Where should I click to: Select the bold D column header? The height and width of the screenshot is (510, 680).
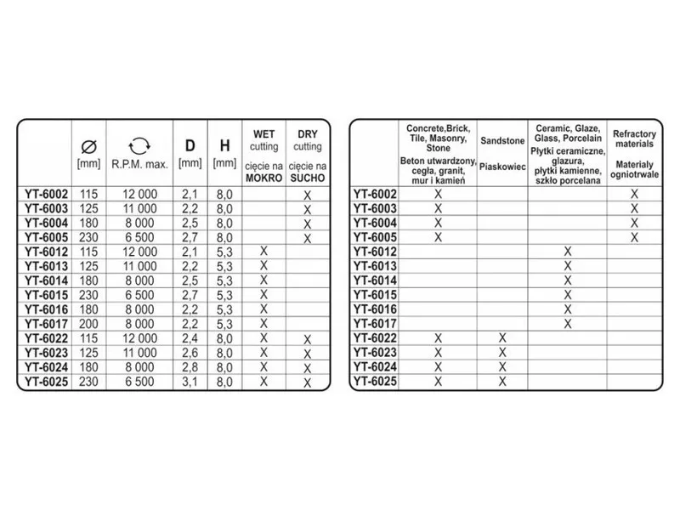(x=190, y=144)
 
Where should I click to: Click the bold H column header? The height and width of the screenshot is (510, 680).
(x=224, y=144)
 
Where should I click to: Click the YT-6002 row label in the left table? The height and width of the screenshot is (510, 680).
(x=44, y=195)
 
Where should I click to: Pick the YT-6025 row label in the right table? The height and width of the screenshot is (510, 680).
(x=375, y=381)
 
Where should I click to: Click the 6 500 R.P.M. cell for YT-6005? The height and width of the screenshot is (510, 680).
(x=139, y=237)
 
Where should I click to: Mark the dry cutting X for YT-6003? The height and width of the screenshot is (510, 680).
(x=308, y=209)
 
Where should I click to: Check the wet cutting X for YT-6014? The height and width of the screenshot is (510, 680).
(x=263, y=280)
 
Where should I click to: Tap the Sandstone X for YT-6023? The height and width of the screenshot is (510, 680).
(x=501, y=352)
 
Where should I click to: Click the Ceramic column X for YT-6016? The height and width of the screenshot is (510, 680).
(x=568, y=309)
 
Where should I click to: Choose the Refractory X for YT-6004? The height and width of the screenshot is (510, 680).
(x=634, y=223)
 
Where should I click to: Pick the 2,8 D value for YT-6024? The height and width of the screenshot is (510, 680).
(x=190, y=366)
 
